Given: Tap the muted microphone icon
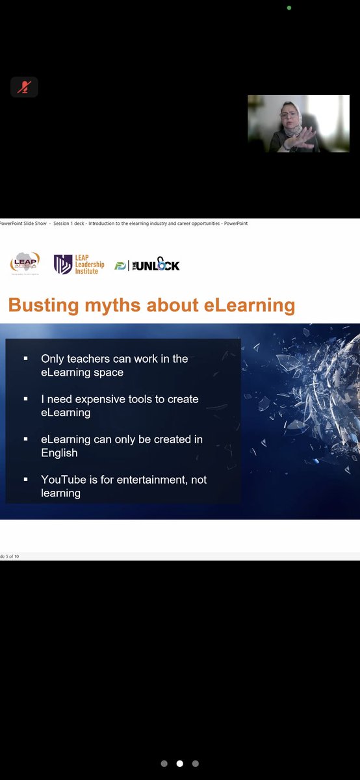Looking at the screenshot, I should pos(24,86).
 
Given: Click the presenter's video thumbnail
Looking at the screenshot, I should pos(298,123).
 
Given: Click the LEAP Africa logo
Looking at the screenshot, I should pos(25,263).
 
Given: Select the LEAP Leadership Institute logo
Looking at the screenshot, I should pos(79,264).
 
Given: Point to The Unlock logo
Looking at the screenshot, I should pos(147,265).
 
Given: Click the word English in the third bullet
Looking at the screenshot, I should pos(59,452).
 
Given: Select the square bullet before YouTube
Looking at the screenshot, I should pos(25,480).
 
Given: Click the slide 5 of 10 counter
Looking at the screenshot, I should pos(10,556).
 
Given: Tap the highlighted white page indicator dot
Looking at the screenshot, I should pos(180,764).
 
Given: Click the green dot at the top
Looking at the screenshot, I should pos(289,8).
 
